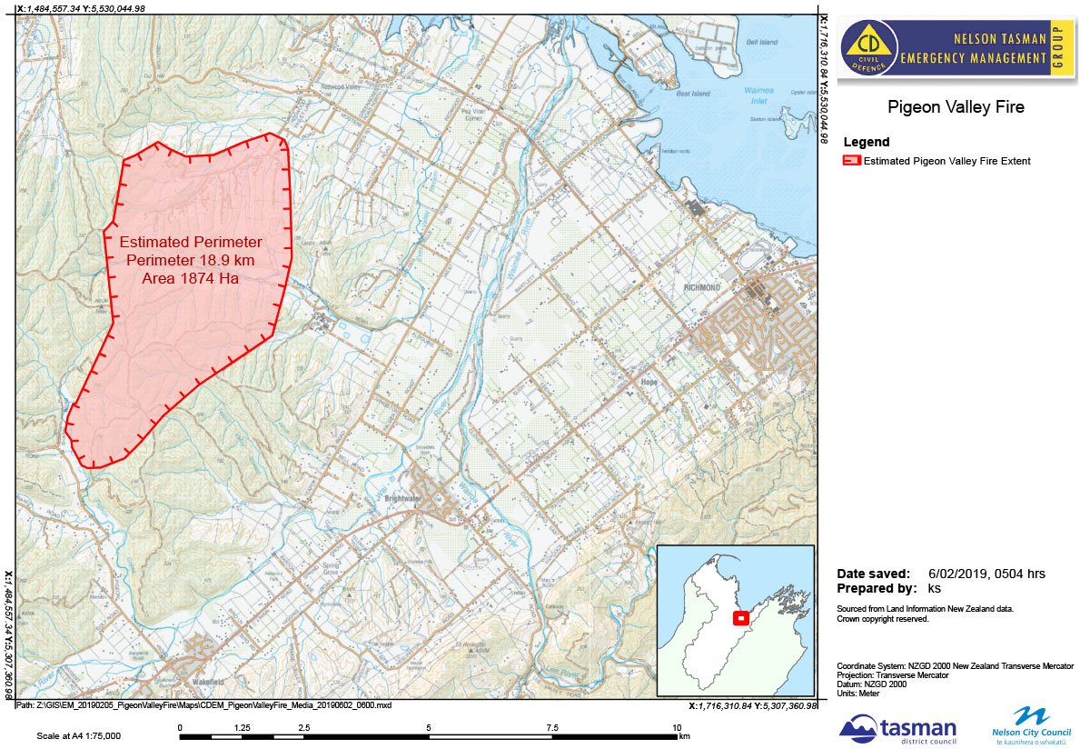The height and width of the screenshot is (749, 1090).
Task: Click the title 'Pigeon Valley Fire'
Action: tap(956, 107)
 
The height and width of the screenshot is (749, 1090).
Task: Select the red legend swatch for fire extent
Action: tap(851, 161)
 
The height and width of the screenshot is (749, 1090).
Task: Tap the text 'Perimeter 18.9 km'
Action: tap(191, 261)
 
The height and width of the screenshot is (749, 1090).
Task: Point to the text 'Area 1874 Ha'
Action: tap(191, 278)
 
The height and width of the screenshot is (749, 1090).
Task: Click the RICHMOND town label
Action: tap(701, 288)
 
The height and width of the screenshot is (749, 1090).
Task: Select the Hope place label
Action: tap(649, 383)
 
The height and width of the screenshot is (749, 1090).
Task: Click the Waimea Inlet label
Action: tap(757, 95)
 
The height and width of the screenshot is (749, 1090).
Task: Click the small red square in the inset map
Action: tap(740, 618)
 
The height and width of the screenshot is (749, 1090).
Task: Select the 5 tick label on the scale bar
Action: tap(429, 727)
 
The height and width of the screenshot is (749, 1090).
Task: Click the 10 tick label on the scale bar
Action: tap(677, 727)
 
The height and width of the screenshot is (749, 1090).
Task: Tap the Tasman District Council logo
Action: tap(897, 728)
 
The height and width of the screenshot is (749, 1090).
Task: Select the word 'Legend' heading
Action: tap(867, 142)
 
